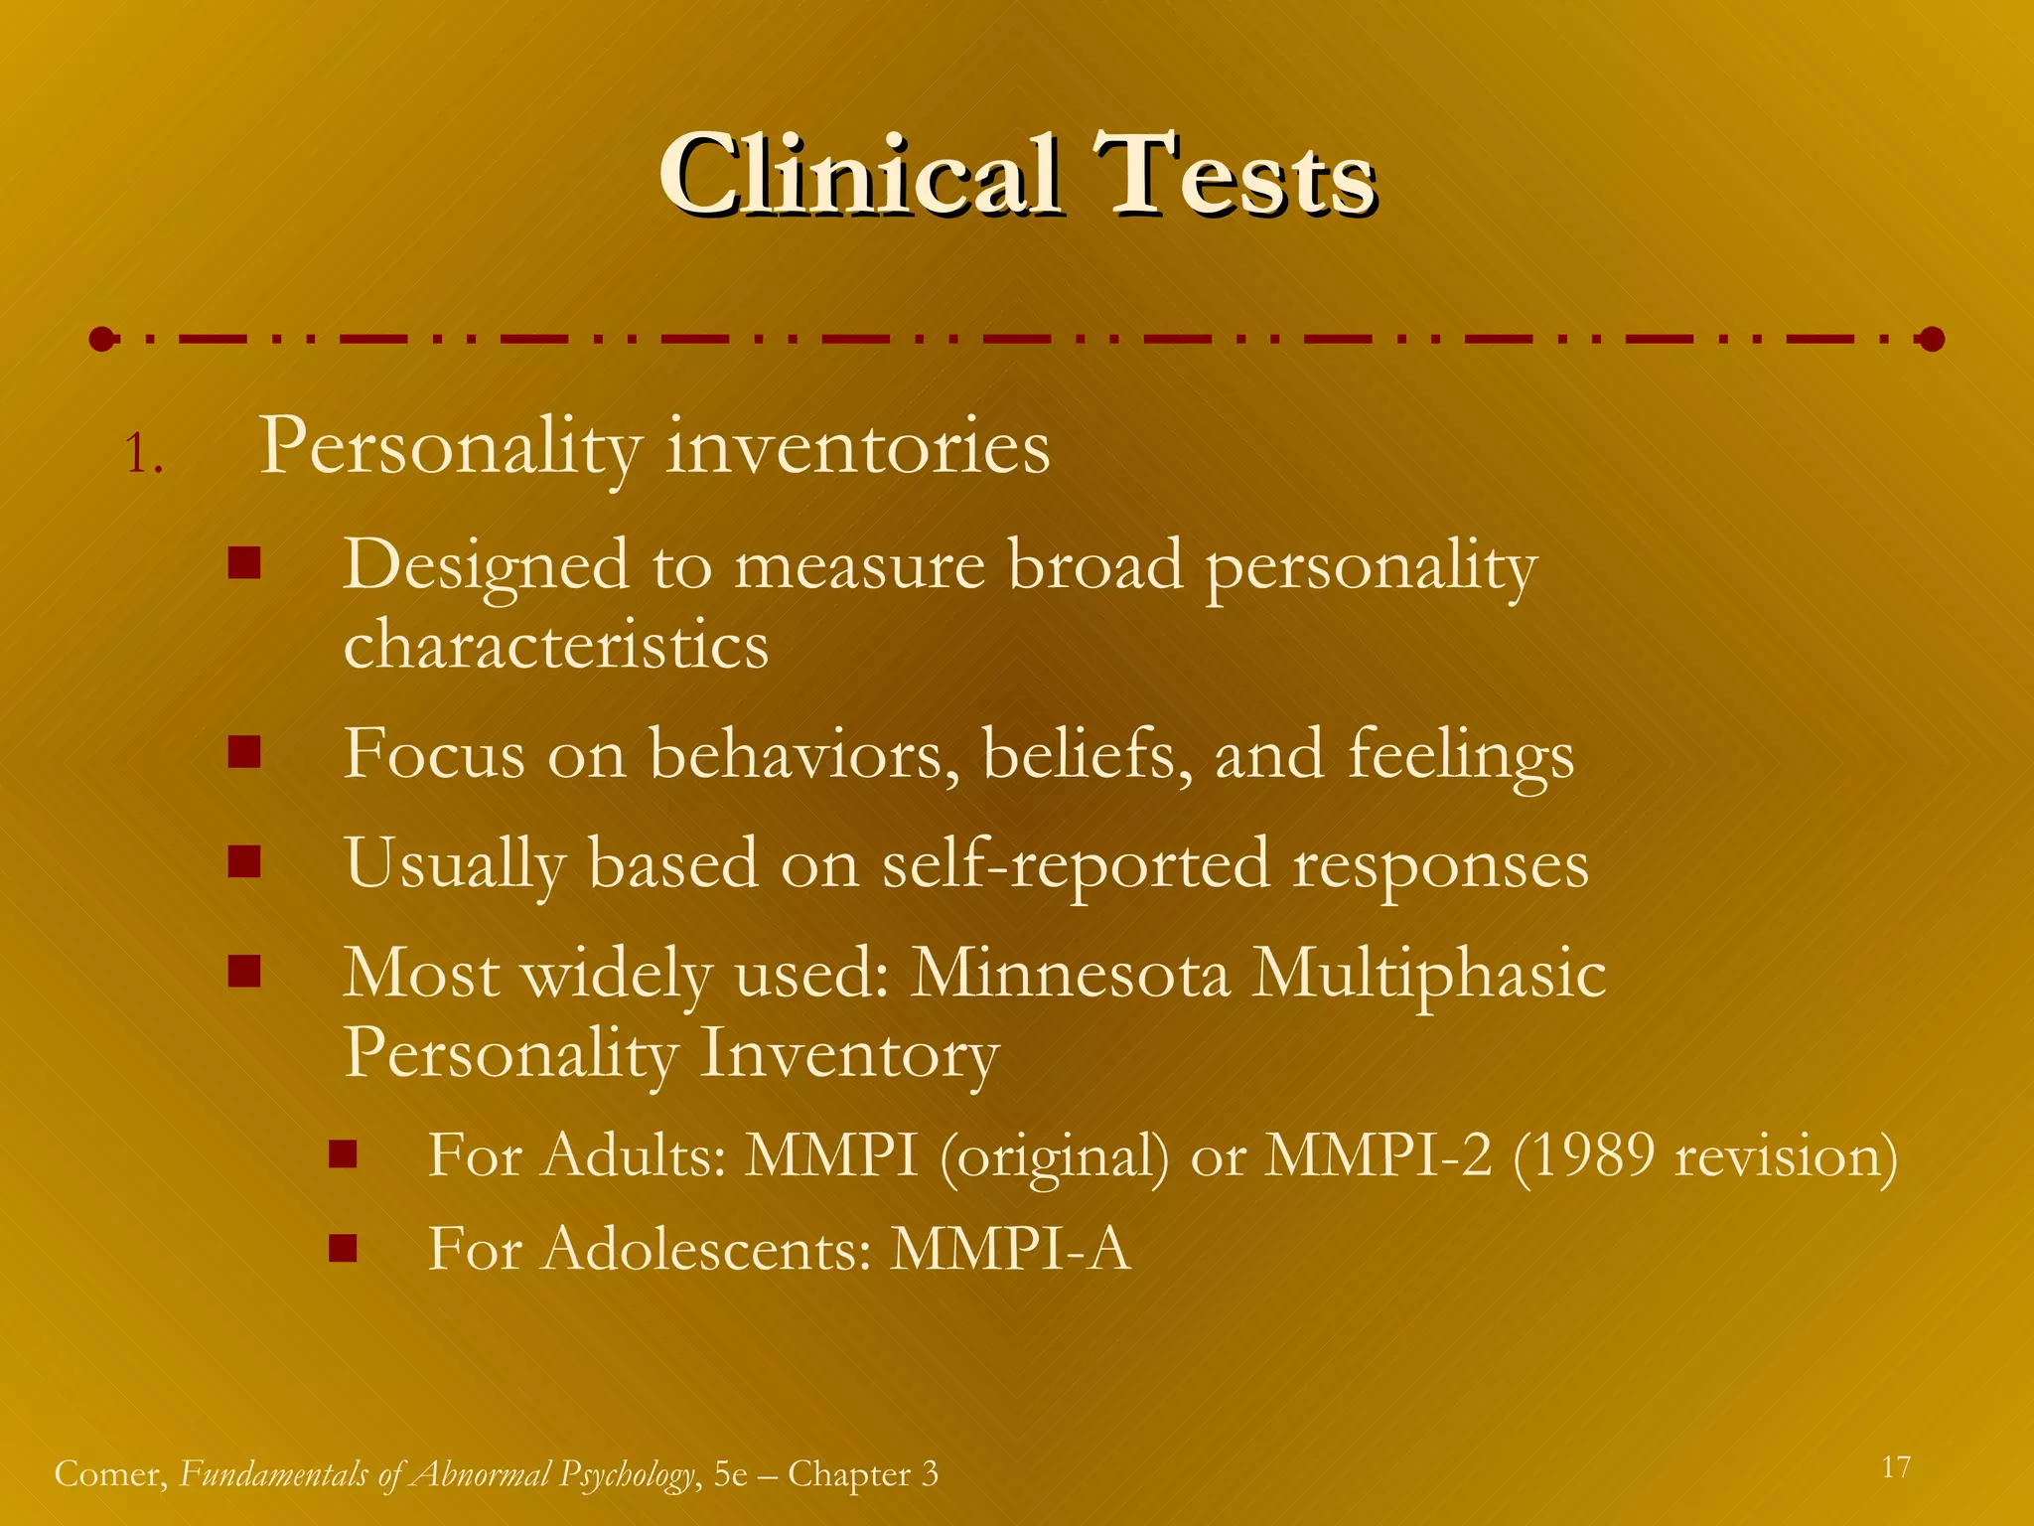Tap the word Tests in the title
click(x=1234, y=177)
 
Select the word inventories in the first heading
click(x=857, y=448)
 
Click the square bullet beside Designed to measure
click(x=243, y=564)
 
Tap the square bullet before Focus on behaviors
click(x=243, y=752)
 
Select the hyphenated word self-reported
click(x=1076, y=864)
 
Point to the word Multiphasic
click(x=1428, y=975)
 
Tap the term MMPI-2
click(x=1379, y=1155)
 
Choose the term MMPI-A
click(x=1010, y=1249)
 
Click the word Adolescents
click(x=706, y=1249)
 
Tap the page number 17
click(x=1896, y=1467)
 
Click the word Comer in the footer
click(x=110, y=1474)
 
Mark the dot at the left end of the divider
click(x=101, y=340)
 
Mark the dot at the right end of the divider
click(x=1932, y=340)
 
